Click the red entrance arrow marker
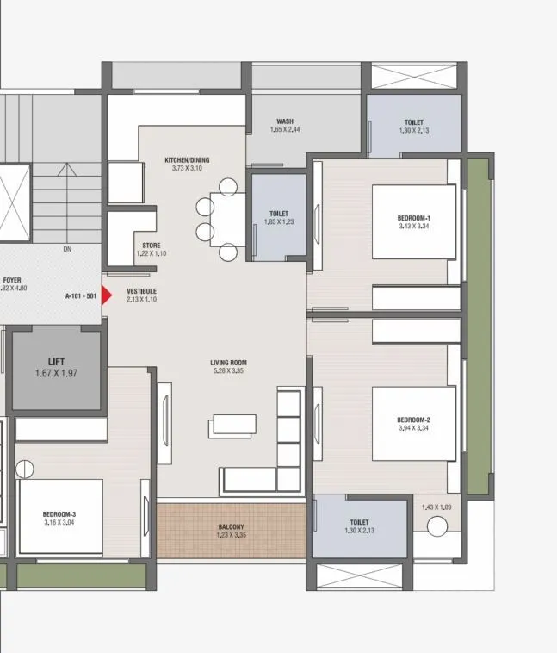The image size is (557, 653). (x=107, y=295)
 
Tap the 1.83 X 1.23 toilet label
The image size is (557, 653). (x=278, y=218)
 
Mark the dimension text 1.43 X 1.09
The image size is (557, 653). (x=436, y=507)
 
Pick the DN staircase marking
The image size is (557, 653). (x=67, y=251)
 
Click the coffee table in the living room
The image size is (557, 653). (x=234, y=425)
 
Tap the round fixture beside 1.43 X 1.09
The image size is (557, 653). (x=437, y=526)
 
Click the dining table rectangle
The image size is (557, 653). (x=228, y=219)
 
